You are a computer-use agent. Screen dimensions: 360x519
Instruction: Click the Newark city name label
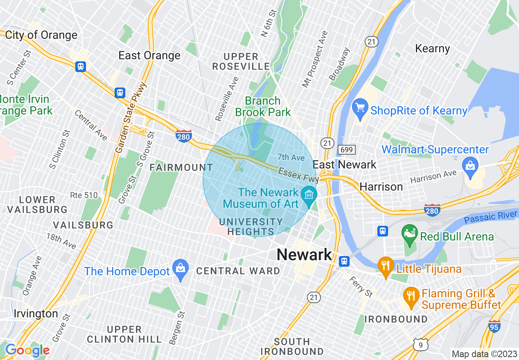304,255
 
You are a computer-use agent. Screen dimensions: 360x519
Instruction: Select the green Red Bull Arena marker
409,235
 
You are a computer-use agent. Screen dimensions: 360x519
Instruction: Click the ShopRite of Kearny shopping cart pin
360,108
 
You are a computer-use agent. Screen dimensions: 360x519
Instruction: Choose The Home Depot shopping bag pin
180,270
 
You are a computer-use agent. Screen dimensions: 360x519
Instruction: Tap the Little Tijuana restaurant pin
385,267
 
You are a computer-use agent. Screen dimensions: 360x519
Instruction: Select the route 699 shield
346,150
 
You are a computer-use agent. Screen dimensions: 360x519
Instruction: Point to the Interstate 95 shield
494,326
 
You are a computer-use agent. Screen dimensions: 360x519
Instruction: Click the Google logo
27,350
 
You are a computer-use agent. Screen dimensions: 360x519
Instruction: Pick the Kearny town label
432,49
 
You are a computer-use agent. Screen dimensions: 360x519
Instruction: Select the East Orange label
149,56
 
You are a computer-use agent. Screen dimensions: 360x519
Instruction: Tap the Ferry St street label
360,287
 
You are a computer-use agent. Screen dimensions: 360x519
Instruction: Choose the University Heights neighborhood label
250,227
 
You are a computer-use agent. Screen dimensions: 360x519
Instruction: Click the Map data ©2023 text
483,353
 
